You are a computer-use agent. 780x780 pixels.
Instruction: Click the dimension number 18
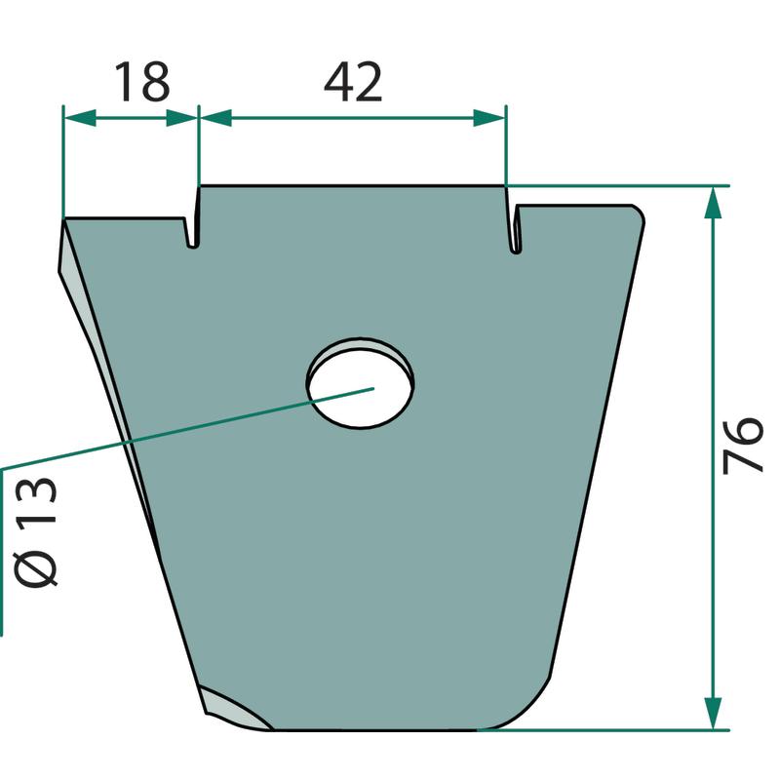(142, 82)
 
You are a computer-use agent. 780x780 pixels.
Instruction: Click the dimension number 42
(353, 83)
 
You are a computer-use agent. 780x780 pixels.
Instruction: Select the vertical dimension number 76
(743, 445)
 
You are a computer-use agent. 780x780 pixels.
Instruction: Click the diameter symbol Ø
(36, 563)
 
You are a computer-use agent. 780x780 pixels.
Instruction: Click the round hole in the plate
(361, 383)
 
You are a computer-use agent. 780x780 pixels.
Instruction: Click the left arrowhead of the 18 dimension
(81, 118)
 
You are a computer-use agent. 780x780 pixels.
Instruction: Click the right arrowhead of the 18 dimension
(181, 118)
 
